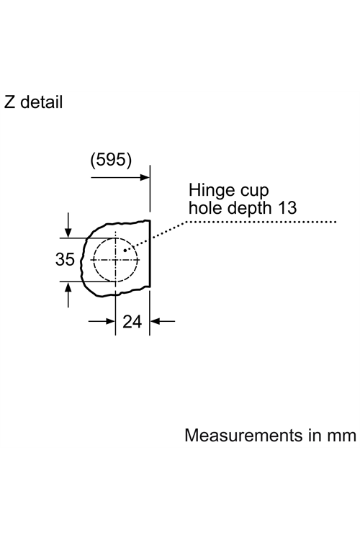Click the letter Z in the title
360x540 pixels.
click(9, 102)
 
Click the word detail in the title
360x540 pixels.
click(42, 102)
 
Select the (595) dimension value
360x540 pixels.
click(111, 160)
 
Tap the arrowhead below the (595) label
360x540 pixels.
click(145, 177)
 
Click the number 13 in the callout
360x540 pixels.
click(288, 207)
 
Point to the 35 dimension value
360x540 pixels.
click(65, 259)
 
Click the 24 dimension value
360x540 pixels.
click(132, 322)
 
